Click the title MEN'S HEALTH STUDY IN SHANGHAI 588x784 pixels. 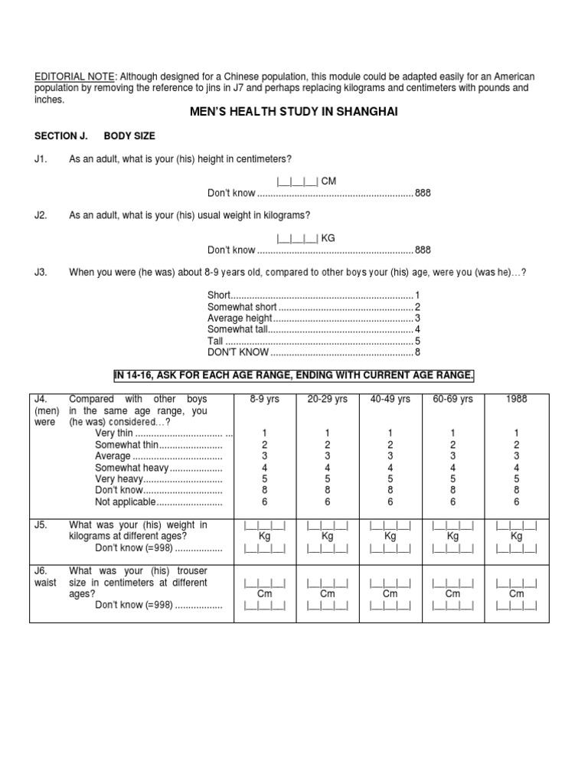click(x=294, y=112)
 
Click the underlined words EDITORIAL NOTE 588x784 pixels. click(x=74, y=77)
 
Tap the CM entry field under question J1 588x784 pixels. click(x=297, y=181)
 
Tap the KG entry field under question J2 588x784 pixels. click(x=297, y=238)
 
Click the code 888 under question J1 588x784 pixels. click(x=423, y=193)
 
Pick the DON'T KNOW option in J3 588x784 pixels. click(x=238, y=352)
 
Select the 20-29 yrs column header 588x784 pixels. click(x=327, y=399)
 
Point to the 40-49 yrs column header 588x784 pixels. click(x=390, y=399)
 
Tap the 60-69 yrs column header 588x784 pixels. click(x=453, y=399)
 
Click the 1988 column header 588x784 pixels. click(x=516, y=399)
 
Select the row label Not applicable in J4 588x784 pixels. click(x=126, y=502)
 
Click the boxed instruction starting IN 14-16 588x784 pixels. click(x=294, y=374)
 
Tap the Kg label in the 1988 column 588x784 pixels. click(x=516, y=536)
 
